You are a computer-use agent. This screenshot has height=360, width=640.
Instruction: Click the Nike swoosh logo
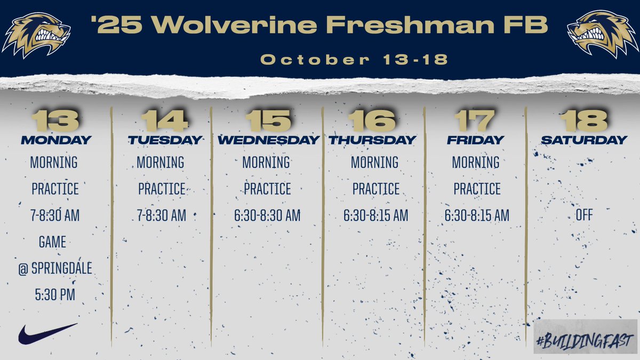tap(47, 333)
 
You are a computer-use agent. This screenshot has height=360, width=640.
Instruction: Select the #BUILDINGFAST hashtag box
tap(585, 337)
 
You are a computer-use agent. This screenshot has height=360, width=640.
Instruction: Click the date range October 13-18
tap(354, 59)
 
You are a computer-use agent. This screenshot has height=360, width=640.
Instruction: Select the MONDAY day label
tap(56, 140)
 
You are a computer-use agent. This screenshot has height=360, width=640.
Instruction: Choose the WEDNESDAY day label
tap(268, 140)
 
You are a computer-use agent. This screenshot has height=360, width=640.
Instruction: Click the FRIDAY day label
tap(476, 140)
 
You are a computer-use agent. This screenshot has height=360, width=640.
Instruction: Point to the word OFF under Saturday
tap(584, 215)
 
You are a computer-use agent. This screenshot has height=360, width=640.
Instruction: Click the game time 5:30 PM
tap(54, 294)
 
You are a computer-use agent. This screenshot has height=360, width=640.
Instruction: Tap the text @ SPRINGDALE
tap(54, 268)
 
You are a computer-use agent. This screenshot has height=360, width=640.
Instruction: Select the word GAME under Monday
tap(52, 242)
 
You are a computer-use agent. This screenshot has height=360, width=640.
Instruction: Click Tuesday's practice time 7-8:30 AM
tap(161, 215)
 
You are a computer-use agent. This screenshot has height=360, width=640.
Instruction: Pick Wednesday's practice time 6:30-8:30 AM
tap(267, 215)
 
